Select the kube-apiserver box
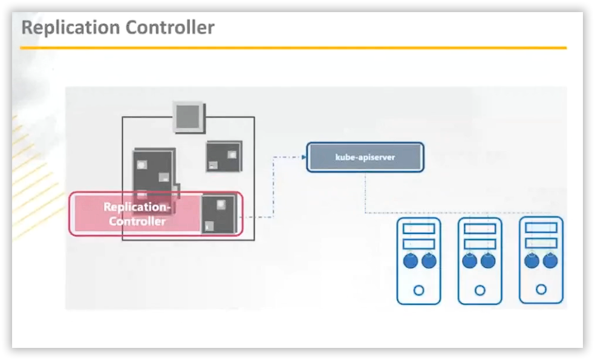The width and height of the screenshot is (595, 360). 365,157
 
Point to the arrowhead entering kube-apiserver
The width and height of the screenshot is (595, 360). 303,157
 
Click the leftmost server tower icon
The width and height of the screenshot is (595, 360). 418,261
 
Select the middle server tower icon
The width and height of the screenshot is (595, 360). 480,261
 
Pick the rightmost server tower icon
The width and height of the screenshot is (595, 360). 541,261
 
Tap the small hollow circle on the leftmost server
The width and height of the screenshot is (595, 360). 418,290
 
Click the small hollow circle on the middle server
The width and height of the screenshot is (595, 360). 480,290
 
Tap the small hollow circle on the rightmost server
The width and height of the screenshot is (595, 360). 541,290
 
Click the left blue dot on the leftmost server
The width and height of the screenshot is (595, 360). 411,261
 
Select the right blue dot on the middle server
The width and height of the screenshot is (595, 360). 488,261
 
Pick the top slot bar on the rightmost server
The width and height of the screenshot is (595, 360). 541,227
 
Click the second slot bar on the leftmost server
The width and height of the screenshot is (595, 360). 418,244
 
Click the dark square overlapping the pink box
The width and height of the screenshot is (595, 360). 218,215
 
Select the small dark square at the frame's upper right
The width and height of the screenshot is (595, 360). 223,157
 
